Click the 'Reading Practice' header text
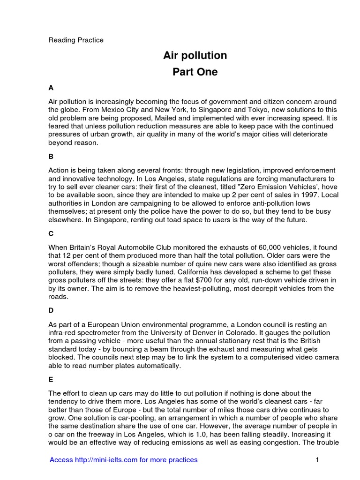point(76,40)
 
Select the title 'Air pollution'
point(195,55)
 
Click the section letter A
point(51,88)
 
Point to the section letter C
point(51,233)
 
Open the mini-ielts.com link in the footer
point(124,460)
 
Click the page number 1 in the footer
point(317,460)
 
